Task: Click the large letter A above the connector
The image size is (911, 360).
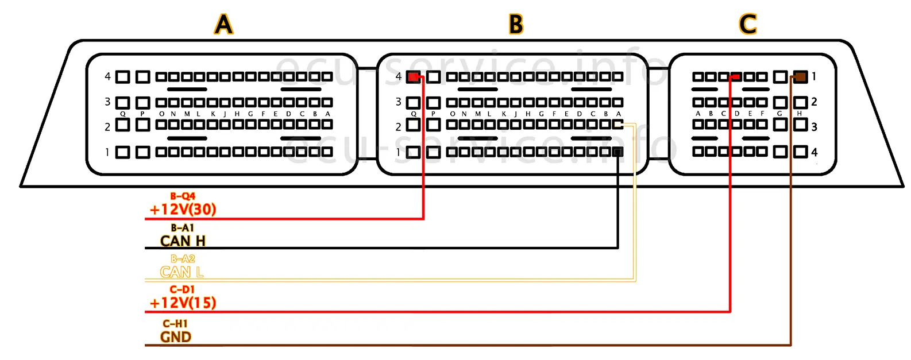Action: coord(223,24)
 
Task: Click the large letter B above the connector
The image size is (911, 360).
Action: coord(516,24)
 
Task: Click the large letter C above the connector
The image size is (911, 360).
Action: coord(747,24)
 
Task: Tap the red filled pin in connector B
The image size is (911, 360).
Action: coord(413,77)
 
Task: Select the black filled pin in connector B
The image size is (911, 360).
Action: coord(617,152)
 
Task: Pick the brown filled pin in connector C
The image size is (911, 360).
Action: coord(800,76)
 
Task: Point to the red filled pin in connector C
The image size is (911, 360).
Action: coord(735,76)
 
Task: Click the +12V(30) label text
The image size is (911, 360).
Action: coord(183,210)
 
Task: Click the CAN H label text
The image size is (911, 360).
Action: coord(183,241)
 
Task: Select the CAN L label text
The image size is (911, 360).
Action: coord(182,272)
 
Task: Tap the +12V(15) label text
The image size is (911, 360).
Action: coord(183,303)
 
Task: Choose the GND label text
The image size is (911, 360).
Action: coord(176,337)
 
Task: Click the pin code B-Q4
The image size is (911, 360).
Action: coord(183,196)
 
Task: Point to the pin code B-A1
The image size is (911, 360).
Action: coord(183,228)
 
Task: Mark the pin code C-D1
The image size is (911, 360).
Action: coord(182,290)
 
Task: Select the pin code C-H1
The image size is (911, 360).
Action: coord(175,324)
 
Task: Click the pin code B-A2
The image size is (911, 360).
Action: coord(183,259)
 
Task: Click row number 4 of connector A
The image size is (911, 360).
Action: coord(107,76)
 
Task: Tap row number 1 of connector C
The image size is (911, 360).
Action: coord(814,76)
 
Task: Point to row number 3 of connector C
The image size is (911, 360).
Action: coord(814,127)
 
